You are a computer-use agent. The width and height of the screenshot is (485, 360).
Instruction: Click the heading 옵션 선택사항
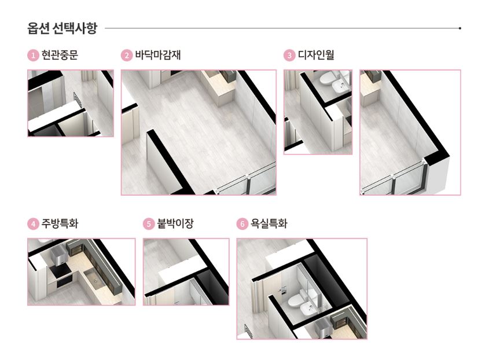(62, 27)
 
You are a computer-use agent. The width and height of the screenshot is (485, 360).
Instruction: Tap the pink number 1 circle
(33, 56)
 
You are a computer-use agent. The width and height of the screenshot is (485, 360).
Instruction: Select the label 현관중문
(60, 56)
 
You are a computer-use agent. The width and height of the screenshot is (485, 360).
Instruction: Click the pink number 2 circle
(126, 56)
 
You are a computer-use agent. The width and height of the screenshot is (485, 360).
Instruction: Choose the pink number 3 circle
(289, 56)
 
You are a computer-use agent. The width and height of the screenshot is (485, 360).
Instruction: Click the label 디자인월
(316, 56)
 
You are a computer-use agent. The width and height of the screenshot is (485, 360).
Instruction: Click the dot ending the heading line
(460, 27)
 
